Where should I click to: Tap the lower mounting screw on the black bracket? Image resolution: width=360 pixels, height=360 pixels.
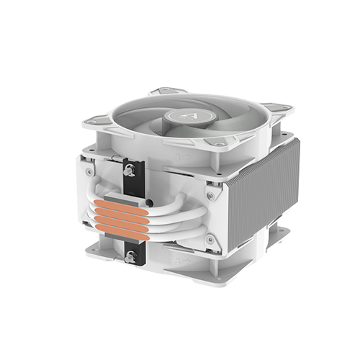130,255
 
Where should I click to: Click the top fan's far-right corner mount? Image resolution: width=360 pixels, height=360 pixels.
276,108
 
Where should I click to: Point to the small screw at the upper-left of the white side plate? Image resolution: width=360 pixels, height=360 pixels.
89,171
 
